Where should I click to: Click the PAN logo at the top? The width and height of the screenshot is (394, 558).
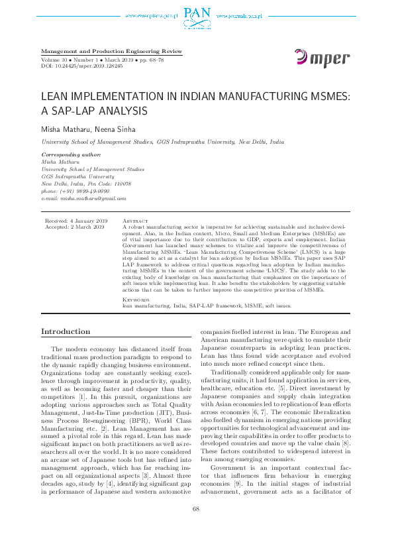tap(197, 12)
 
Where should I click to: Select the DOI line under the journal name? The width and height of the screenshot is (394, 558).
tap(81, 66)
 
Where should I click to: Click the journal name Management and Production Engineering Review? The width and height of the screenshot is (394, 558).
tap(111, 51)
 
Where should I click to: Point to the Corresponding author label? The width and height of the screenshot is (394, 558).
tap(71, 154)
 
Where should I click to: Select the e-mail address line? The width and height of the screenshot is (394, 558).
tap(84, 198)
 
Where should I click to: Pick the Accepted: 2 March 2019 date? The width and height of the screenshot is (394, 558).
tap(74, 227)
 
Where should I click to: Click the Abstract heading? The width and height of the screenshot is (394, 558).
tap(136, 220)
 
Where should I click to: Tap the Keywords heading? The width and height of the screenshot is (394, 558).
tap(137, 300)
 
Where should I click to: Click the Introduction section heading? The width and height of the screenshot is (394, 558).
tap(66, 332)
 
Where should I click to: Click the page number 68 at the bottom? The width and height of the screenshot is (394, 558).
tap(196, 527)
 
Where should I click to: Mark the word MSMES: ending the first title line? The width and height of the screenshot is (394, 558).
tap(327, 97)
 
